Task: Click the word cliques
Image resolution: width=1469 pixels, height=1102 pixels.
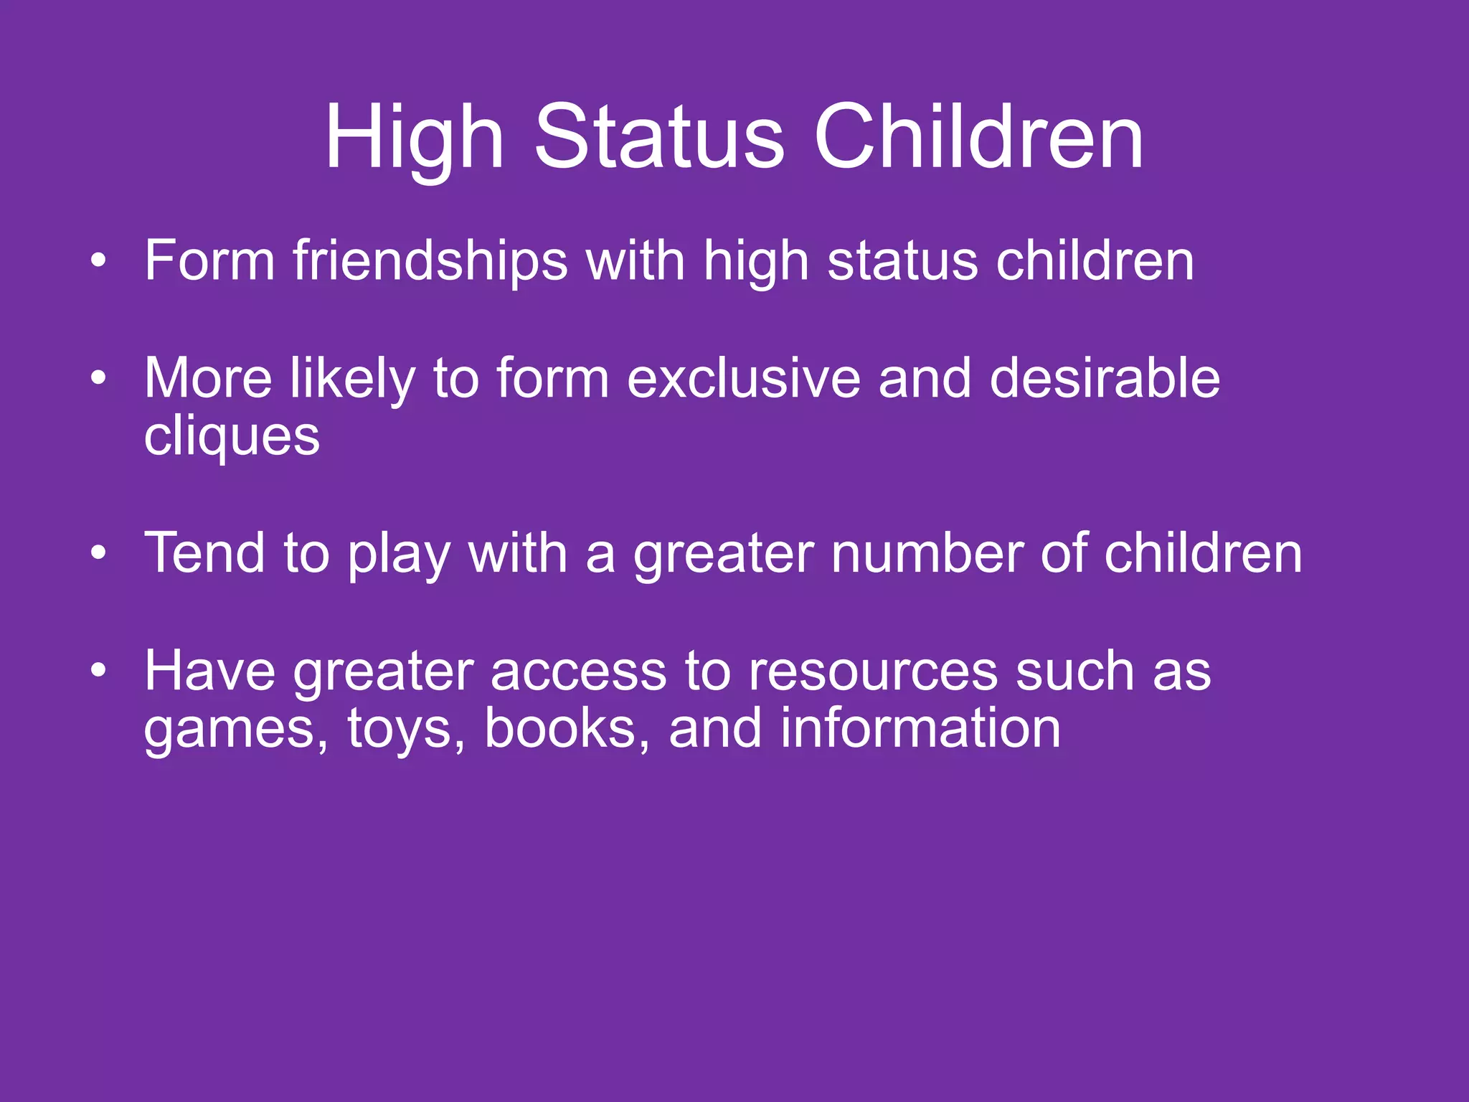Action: click(232, 437)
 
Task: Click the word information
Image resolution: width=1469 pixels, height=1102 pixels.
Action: click(920, 728)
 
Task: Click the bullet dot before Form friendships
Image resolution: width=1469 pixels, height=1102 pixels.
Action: click(98, 261)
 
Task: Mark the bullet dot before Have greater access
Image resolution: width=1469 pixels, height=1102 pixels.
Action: click(98, 672)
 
